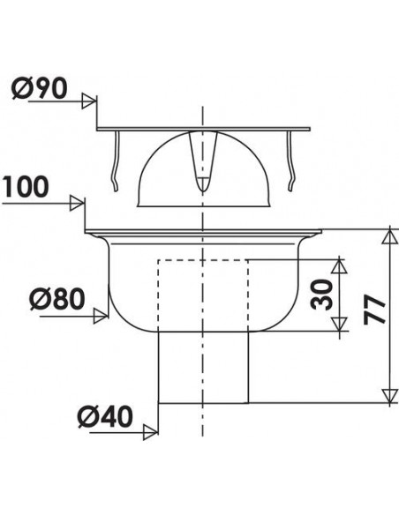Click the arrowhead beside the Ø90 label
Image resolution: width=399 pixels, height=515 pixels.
tap(88, 101)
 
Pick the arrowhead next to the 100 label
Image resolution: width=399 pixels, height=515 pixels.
tap(78, 204)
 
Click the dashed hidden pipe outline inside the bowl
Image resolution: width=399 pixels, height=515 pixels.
tap(159, 291)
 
